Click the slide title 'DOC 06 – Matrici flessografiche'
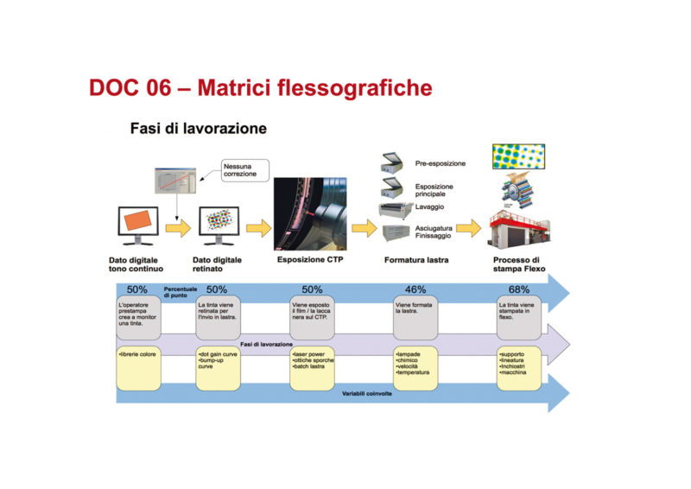tap(260, 87)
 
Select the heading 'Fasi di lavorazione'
tap(198, 129)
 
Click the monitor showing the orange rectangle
tap(137, 225)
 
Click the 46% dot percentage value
tap(416, 289)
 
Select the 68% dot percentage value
tap(518, 289)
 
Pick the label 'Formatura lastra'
tap(416, 258)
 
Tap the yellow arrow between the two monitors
tap(179, 228)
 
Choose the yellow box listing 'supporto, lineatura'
tap(519, 368)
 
